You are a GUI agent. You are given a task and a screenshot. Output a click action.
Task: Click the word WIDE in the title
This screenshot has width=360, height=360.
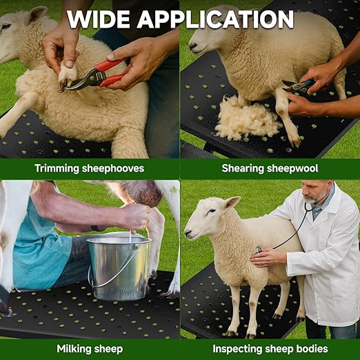tap(99, 19)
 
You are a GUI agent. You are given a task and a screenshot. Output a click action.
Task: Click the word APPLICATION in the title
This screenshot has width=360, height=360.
tap(215, 19)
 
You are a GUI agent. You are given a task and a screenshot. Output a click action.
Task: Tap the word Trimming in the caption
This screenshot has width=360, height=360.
tap(57, 168)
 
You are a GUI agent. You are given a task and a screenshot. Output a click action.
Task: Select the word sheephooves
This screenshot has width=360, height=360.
tap(113, 168)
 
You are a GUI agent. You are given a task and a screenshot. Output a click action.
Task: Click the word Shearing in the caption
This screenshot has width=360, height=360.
tap(243, 168)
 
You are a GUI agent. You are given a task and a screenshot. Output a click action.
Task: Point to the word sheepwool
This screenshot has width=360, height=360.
tap(292, 168)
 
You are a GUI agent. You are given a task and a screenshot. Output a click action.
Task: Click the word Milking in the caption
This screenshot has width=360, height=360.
tap(72, 349)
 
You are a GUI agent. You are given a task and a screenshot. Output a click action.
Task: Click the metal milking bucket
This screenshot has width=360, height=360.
tap(119, 268)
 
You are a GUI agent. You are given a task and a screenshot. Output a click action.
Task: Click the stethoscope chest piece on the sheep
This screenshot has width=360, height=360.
tap(258, 250)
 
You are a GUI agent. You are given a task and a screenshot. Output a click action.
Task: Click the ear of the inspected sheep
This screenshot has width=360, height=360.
tap(232, 203)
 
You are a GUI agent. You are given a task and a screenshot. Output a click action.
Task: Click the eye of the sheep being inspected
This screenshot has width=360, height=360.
tap(212, 211)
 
